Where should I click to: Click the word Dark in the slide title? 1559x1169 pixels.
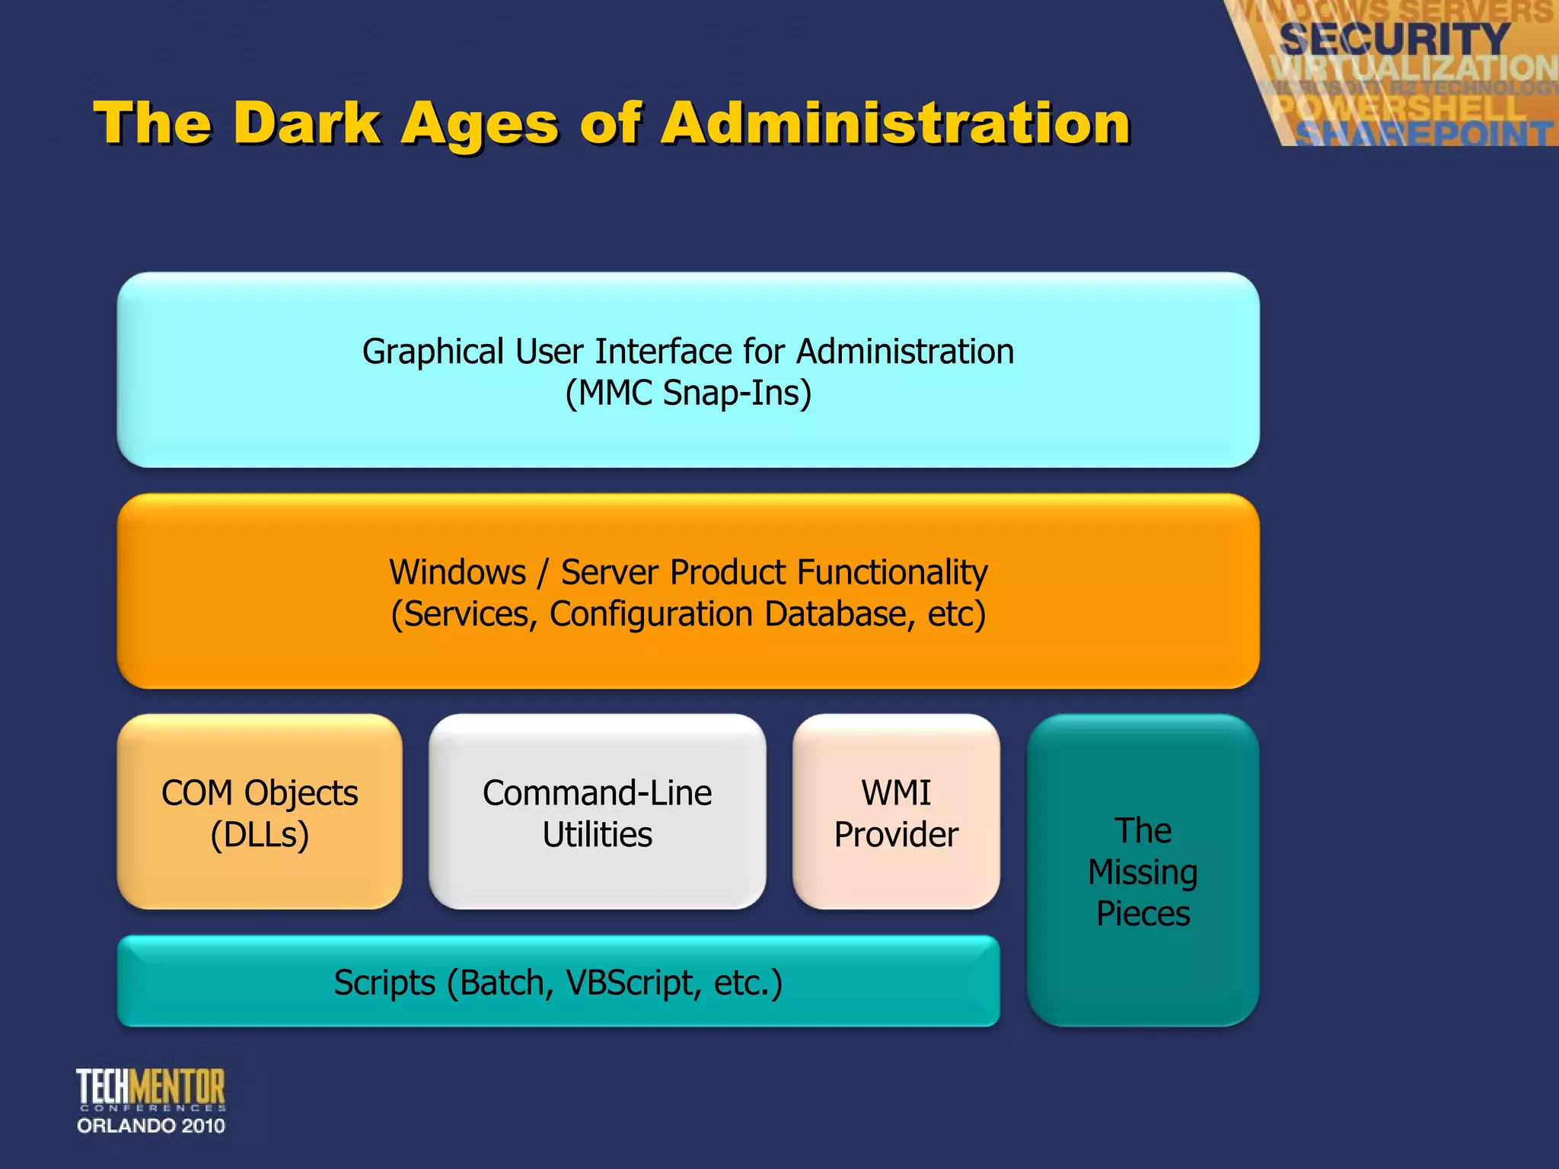click(x=307, y=123)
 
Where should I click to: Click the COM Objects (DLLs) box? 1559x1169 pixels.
click(x=260, y=812)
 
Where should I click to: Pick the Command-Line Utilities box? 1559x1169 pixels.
click(x=598, y=812)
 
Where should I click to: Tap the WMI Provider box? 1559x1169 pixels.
click(x=896, y=812)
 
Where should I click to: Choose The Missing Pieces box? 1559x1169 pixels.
click(x=1143, y=871)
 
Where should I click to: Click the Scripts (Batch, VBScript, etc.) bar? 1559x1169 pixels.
click(x=558, y=982)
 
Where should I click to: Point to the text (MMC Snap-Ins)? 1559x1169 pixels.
click(x=688, y=393)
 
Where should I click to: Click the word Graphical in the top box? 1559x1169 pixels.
click(x=432, y=352)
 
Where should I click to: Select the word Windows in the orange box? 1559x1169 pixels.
click(x=457, y=572)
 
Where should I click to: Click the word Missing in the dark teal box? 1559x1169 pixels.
click(x=1143, y=872)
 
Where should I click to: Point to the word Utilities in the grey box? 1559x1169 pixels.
click(x=598, y=835)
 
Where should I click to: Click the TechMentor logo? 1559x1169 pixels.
click(x=151, y=1088)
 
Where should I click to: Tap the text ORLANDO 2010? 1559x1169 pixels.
click(x=151, y=1126)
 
